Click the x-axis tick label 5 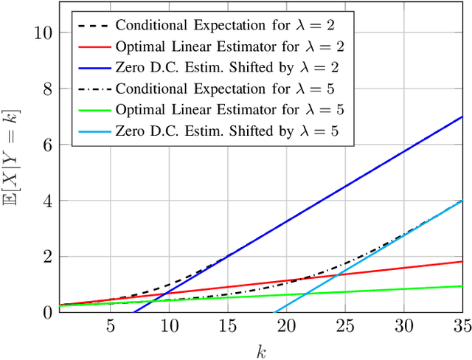(111, 325)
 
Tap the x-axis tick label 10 (169, 325)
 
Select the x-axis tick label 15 (228, 325)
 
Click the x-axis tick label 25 (345, 325)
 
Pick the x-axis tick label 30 (403, 325)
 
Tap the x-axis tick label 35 (461, 325)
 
